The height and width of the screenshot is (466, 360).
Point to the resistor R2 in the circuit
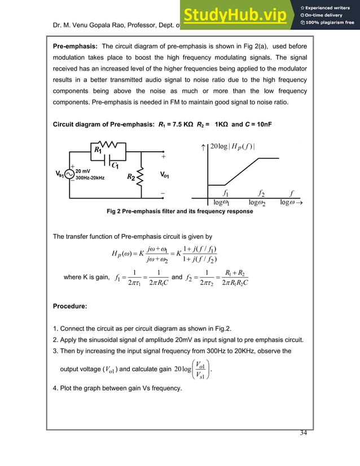coord(139,177)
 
